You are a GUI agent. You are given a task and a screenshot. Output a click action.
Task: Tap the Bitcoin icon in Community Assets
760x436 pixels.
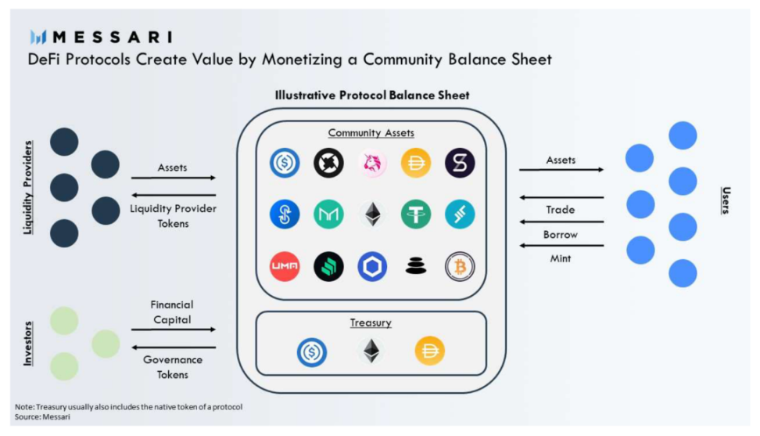click(460, 267)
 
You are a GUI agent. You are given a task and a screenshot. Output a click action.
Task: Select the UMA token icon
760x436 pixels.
click(285, 267)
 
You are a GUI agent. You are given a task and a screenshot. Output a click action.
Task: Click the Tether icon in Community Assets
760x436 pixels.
click(416, 214)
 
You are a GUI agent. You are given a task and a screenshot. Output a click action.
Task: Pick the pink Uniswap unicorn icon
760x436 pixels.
click(372, 163)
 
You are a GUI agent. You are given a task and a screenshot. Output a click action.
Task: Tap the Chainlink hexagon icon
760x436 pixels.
click(372, 267)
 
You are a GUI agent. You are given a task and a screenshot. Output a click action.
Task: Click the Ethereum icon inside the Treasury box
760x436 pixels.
click(372, 351)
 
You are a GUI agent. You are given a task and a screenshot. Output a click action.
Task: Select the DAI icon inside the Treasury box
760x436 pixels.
click(430, 351)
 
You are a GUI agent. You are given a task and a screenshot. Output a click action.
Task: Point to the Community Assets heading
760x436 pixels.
click(371, 133)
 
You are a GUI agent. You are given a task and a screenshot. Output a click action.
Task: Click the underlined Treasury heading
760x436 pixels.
click(371, 322)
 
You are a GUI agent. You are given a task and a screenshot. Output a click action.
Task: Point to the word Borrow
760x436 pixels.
click(561, 234)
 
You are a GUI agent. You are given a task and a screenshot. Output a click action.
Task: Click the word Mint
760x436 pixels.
click(561, 258)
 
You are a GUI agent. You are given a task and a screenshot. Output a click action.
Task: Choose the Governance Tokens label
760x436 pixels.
click(173, 367)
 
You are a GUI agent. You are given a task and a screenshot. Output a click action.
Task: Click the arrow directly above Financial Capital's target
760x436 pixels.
click(173, 330)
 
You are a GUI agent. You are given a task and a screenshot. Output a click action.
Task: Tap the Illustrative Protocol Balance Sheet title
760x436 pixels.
click(372, 95)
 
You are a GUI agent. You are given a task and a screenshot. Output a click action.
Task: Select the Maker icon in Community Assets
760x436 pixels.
click(328, 214)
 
